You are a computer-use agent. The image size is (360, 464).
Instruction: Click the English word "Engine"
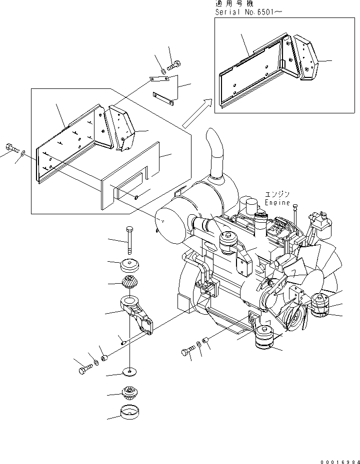[x=277, y=203]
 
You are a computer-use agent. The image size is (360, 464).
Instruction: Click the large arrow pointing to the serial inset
[x=195, y=114]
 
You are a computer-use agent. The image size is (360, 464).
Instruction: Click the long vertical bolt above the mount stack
[x=130, y=240]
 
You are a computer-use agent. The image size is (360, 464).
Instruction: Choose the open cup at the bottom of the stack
[x=129, y=413]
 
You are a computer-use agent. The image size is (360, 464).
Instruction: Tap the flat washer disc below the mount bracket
[x=130, y=371]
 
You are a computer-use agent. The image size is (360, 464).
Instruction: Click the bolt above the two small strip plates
[x=174, y=64]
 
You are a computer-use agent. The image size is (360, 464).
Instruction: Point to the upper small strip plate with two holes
[x=160, y=79]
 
